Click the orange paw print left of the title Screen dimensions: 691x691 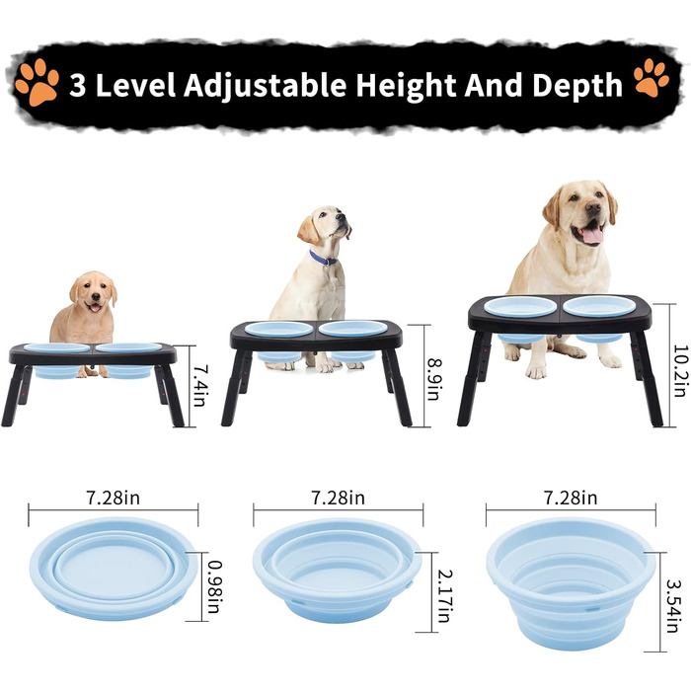pyautogui.click(x=37, y=82)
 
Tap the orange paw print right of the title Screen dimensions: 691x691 pyautogui.click(x=652, y=78)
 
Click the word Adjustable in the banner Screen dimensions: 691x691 pyautogui.click(x=265, y=85)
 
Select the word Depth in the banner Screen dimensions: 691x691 pyautogui.click(x=577, y=85)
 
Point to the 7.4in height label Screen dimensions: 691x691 pyautogui.click(x=199, y=386)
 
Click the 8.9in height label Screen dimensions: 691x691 pyautogui.click(x=433, y=378)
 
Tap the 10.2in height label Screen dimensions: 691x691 pyautogui.click(x=681, y=370)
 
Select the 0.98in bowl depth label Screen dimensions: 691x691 pyautogui.click(x=215, y=586)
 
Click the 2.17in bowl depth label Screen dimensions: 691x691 pyautogui.click(x=445, y=596)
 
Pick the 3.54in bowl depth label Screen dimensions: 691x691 pyautogui.click(x=672, y=606)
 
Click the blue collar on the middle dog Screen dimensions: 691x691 pyautogui.click(x=323, y=259)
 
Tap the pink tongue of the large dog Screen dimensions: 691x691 pyautogui.click(x=592, y=235)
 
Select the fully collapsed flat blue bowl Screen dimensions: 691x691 pyautogui.click(x=114, y=569)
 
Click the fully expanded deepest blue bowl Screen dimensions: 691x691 pyautogui.click(x=571, y=583)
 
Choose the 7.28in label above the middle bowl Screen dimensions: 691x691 pyautogui.click(x=338, y=498)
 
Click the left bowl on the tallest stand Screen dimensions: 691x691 pyautogui.click(x=521, y=307)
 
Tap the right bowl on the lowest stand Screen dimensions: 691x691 pyautogui.click(x=128, y=347)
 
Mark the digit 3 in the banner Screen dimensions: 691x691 pyautogui.click(x=78, y=86)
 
